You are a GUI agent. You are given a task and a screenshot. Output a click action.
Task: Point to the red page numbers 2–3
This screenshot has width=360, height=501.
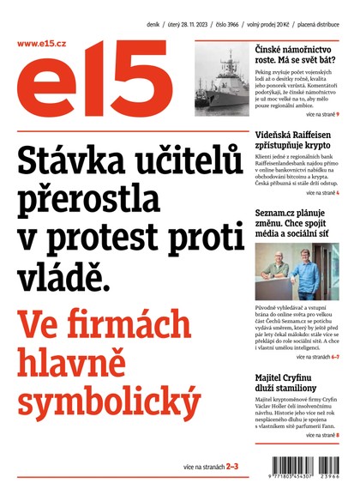[232, 467]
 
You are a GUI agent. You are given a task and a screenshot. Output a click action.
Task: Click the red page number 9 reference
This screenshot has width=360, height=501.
[339, 114]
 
